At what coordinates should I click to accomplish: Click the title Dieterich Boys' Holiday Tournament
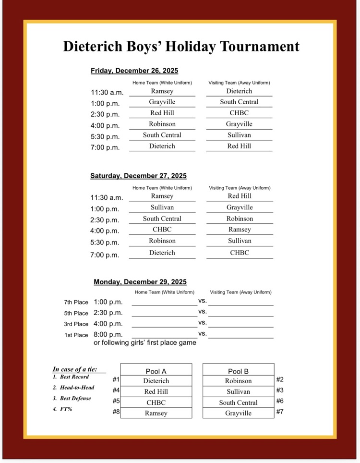(181, 47)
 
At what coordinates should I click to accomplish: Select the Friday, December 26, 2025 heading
(134, 71)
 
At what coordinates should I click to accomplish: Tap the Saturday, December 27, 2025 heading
(138, 176)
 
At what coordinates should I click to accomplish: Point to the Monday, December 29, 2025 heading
(140, 282)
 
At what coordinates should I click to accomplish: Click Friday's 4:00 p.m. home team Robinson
(162, 124)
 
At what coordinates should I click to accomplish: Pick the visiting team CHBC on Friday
(239, 113)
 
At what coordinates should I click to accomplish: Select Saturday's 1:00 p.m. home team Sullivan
(162, 207)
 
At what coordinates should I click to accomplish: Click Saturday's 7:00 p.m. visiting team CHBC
(240, 253)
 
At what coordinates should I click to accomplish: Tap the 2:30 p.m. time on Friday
(105, 114)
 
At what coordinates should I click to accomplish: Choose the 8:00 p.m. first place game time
(108, 334)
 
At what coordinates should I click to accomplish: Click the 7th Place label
(76, 302)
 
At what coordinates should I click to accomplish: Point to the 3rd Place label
(76, 324)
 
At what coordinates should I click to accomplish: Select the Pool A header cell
(156, 371)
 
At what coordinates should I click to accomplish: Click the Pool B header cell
(238, 371)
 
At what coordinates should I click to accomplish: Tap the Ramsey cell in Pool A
(156, 413)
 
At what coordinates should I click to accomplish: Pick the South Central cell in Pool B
(238, 402)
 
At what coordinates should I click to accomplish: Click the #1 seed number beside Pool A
(116, 379)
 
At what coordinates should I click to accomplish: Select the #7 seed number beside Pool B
(280, 412)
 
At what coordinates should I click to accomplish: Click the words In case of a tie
(75, 369)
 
